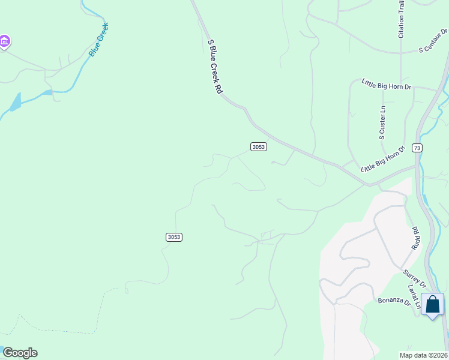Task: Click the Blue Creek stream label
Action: pyautogui.click(x=99, y=40)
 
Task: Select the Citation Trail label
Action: pyautogui.click(x=401, y=20)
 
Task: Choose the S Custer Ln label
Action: pyautogui.click(x=382, y=123)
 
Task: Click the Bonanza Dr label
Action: pyautogui.click(x=394, y=301)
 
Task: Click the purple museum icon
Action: pyautogui.click(x=4, y=42)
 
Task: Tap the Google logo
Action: pyautogui.click(x=19, y=353)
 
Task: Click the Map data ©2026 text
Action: pyautogui.click(x=423, y=355)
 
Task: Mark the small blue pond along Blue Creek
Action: pyautogui.click(x=16, y=101)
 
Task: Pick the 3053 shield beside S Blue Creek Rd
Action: pyautogui.click(x=258, y=147)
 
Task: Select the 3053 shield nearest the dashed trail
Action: pyautogui.click(x=173, y=237)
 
